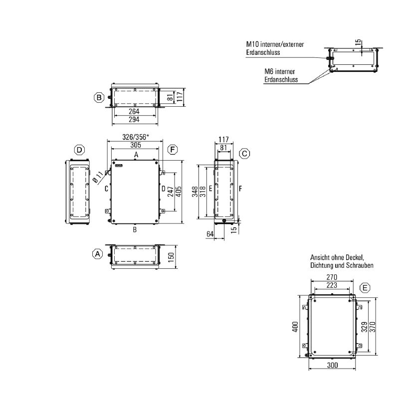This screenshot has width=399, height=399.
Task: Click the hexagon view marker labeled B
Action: point(99,97)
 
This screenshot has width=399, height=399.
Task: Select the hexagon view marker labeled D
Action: point(79,150)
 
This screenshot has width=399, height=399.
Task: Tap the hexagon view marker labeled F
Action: point(173,149)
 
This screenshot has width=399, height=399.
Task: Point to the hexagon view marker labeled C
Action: point(244,154)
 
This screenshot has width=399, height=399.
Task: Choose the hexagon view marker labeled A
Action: point(97,254)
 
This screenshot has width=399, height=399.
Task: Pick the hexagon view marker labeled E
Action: point(365,288)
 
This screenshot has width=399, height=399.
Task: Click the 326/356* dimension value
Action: point(135,137)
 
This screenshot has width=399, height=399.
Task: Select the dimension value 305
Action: point(136,145)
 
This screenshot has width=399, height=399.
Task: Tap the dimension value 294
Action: point(134,119)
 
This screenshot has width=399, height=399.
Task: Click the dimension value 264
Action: point(134,111)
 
